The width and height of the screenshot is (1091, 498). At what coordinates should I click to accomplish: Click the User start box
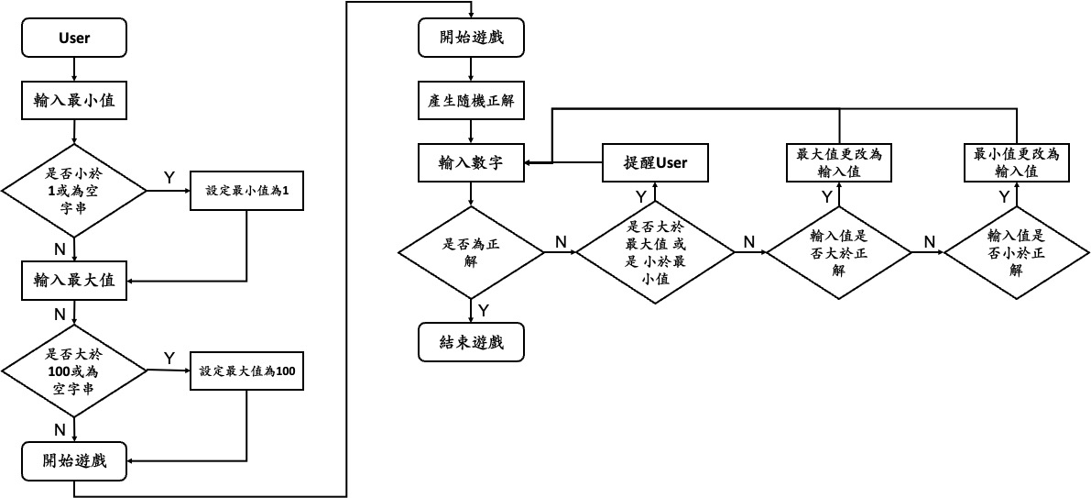click(x=74, y=39)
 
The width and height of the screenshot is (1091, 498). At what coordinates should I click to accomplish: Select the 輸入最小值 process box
click(x=74, y=101)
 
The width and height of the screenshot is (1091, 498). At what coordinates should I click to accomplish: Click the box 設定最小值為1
click(x=247, y=191)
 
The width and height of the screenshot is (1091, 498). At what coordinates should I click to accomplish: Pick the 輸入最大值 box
click(x=74, y=281)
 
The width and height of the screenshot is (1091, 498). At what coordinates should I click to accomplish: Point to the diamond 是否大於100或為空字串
click(x=74, y=370)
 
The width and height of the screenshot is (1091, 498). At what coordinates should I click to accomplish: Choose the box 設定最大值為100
click(x=247, y=371)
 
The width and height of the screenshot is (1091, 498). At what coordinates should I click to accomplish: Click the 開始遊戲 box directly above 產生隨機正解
click(x=471, y=39)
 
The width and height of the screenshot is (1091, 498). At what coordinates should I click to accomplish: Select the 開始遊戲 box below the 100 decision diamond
click(x=74, y=460)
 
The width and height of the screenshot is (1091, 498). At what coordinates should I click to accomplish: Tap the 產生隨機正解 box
click(x=471, y=102)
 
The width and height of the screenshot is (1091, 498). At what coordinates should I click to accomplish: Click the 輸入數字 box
click(x=471, y=162)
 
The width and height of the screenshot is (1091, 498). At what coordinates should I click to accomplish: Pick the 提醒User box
click(x=655, y=162)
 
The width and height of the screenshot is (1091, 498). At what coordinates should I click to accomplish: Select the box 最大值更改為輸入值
click(x=840, y=162)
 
